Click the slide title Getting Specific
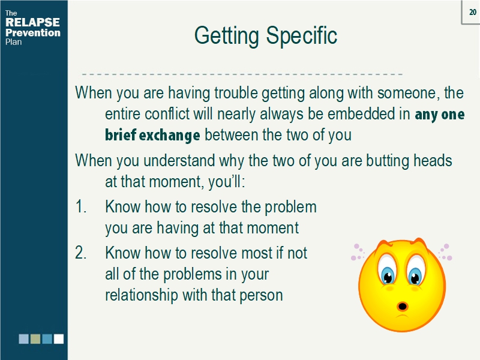(266, 36)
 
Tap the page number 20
(472, 13)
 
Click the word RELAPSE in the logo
(32, 23)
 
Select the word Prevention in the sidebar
(33, 33)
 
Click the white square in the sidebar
(58, 339)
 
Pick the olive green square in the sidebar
(35, 339)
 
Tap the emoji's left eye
(387, 275)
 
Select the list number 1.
(81, 208)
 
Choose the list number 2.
(82, 253)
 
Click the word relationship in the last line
(141, 295)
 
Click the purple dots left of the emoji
(358, 252)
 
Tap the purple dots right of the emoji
(445, 252)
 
